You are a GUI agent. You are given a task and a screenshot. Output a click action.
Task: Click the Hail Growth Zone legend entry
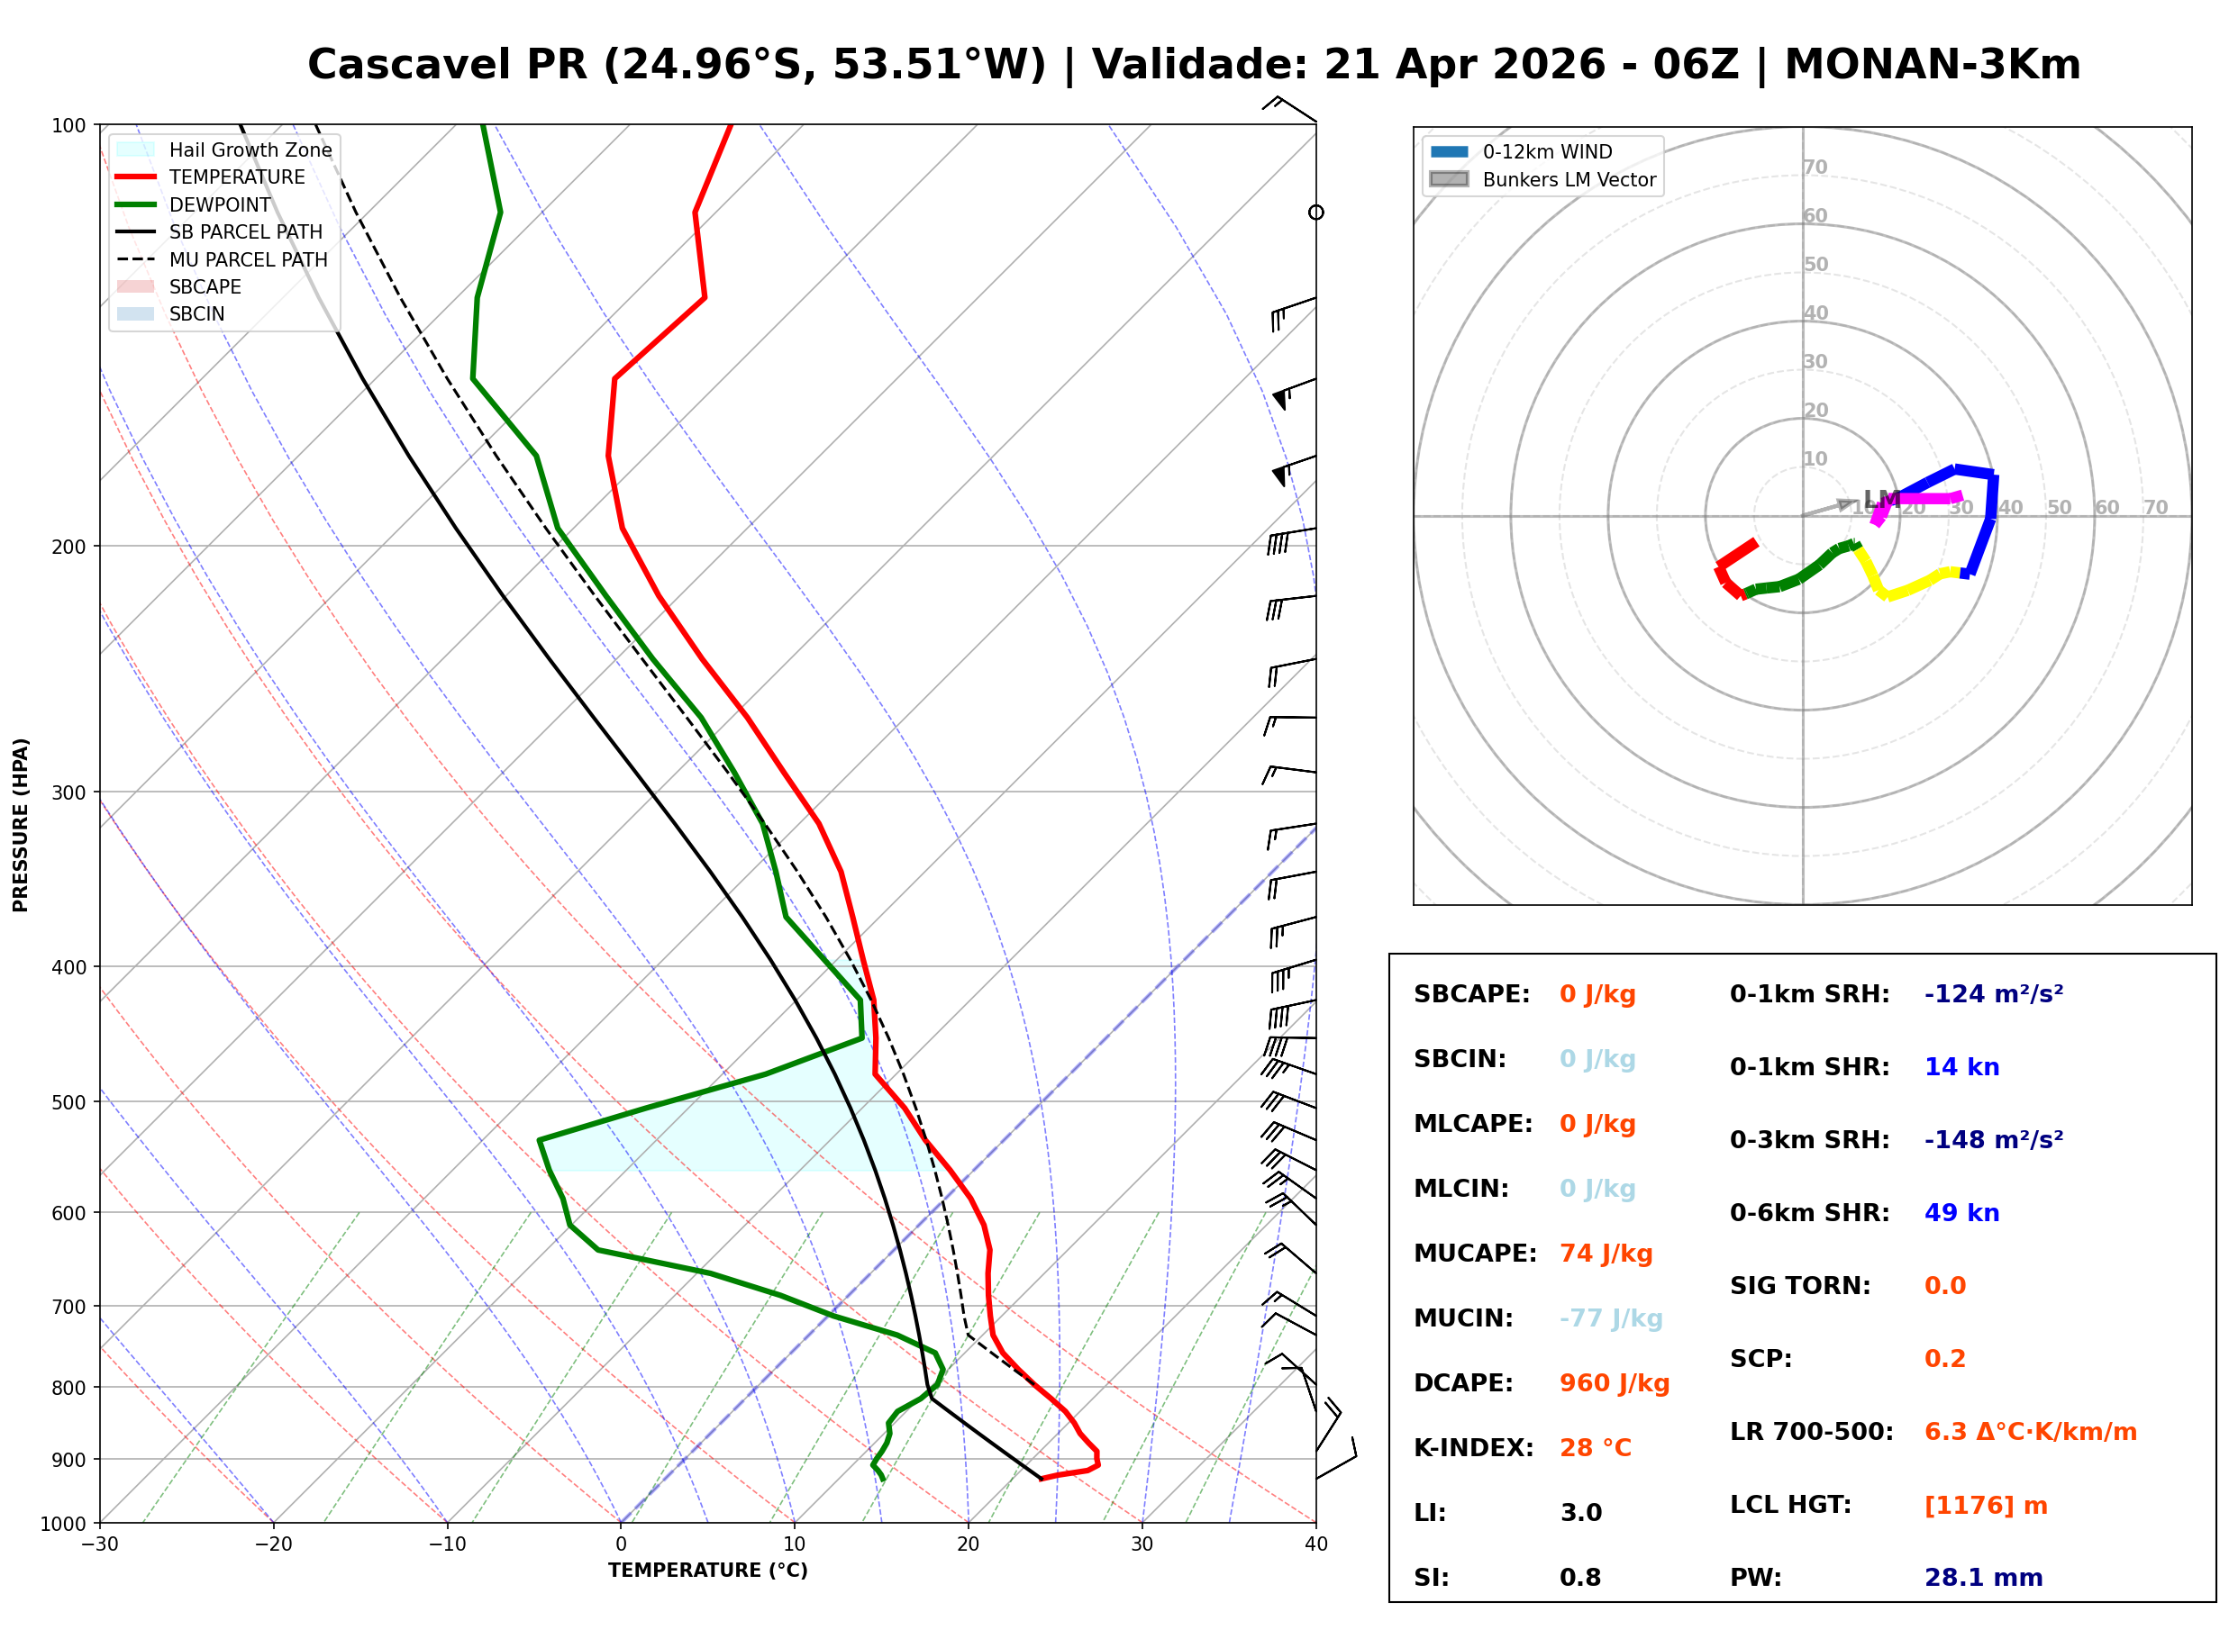[x=250, y=149]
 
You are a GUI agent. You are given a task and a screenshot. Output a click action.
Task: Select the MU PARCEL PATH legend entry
[x=248, y=259]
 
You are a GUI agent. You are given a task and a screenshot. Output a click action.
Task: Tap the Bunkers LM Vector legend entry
[x=1569, y=179]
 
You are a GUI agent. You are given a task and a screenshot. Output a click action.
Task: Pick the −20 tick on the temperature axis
[x=272, y=1544]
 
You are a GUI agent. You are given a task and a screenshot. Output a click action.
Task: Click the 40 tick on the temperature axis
[x=1315, y=1544]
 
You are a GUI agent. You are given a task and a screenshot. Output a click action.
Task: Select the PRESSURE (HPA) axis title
[x=21, y=825]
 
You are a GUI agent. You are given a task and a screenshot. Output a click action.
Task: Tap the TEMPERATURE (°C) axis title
[x=707, y=1571]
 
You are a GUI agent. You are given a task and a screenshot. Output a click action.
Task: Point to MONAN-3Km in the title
[x=1932, y=65]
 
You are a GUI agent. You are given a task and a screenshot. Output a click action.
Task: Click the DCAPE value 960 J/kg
[x=1614, y=1383]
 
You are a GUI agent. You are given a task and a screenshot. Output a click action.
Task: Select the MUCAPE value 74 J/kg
[x=1606, y=1254]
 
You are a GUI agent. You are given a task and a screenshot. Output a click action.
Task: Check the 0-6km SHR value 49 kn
[x=1961, y=1213]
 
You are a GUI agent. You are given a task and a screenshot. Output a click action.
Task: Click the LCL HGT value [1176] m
[x=1986, y=1506]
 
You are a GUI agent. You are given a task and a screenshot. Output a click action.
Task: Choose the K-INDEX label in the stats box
[x=1473, y=1448]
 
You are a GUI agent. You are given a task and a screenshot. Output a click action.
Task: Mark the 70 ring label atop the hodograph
[x=1815, y=167]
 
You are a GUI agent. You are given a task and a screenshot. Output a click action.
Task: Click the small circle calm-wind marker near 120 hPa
[x=1316, y=213]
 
